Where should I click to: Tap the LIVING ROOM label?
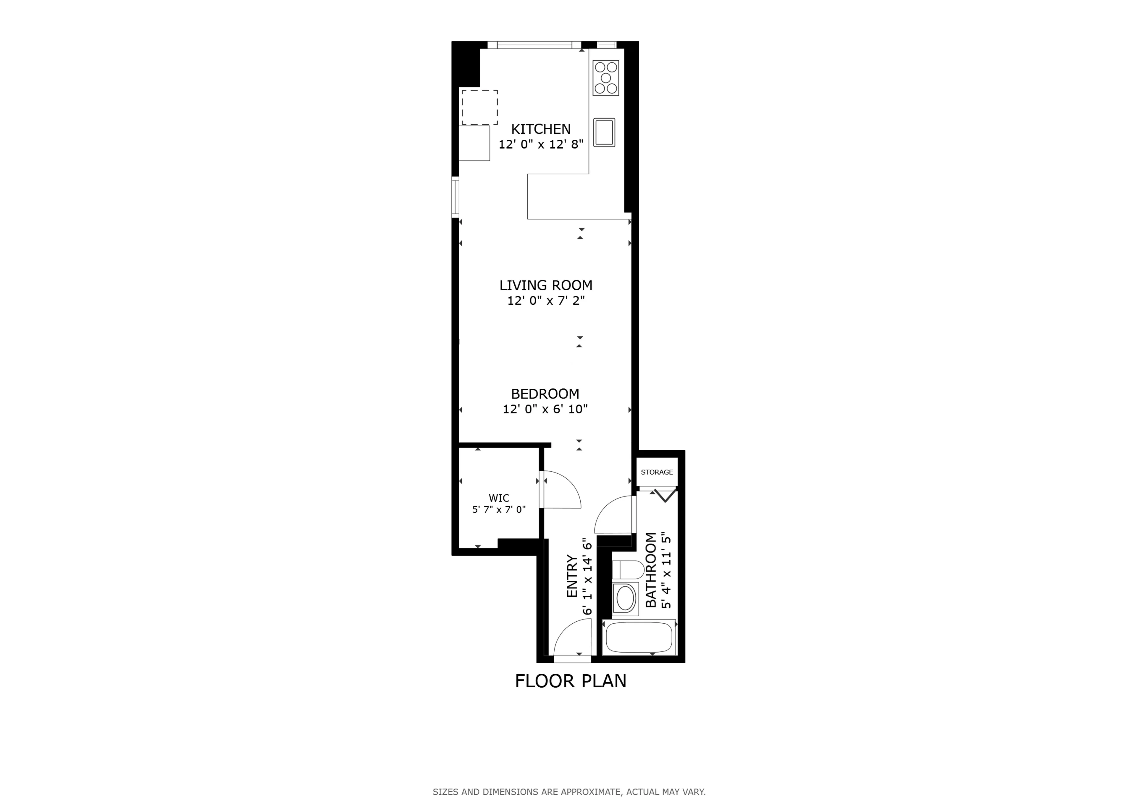coord(546,285)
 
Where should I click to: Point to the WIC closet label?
coord(499,498)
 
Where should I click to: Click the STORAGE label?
coord(657,472)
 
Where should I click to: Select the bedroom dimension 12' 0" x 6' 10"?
coord(545,409)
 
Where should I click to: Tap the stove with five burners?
coord(606,78)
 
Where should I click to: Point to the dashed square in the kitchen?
coord(479,107)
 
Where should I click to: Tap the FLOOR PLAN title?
coord(571,681)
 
